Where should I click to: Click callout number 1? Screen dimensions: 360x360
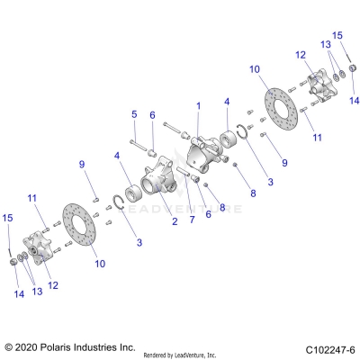click(198, 105)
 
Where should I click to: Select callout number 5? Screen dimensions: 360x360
click(133, 114)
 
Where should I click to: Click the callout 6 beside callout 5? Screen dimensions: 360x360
click(152, 114)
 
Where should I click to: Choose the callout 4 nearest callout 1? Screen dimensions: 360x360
click(228, 102)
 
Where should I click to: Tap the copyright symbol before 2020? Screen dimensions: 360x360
click(11, 346)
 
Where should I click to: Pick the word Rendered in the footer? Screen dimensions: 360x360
click(158, 354)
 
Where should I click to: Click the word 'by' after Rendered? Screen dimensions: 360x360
click(176, 354)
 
